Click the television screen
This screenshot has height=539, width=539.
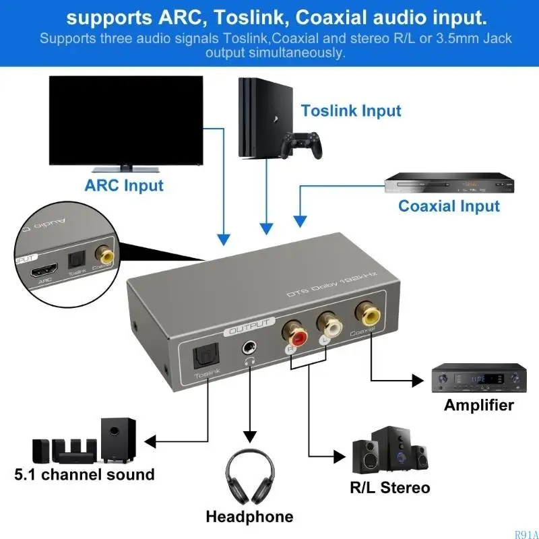(126, 120)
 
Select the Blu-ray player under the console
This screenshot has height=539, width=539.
(445, 183)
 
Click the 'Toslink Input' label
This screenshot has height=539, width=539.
(350, 110)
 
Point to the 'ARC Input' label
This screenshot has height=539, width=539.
(124, 185)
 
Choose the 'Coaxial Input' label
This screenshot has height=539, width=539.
(449, 205)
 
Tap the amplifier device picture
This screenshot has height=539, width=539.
(478, 379)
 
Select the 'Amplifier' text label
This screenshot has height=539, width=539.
(478, 405)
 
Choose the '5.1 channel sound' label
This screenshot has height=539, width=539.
(85, 474)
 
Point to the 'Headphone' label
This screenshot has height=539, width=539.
(249, 517)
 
